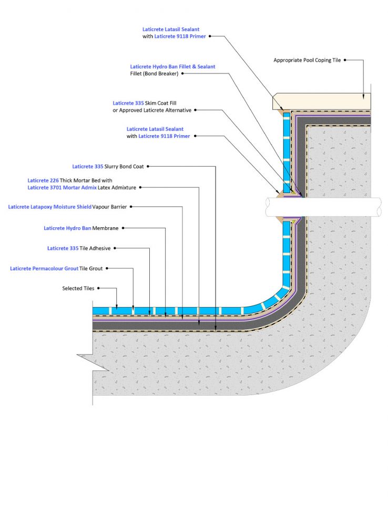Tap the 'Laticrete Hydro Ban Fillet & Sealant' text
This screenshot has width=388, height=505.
(172, 67)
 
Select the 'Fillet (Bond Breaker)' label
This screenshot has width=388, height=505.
(154, 74)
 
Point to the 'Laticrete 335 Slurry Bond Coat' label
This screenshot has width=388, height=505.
(108, 166)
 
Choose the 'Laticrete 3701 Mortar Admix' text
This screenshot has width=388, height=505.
(62, 187)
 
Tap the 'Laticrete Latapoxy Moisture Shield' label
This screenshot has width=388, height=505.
(50, 207)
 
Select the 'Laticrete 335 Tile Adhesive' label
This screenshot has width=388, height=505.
(79, 248)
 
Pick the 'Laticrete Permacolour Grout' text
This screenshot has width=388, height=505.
(44, 268)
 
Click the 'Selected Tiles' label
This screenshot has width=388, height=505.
(78, 288)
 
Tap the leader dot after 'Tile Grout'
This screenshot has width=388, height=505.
(107, 268)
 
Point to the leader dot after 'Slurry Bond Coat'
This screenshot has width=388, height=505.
(148, 166)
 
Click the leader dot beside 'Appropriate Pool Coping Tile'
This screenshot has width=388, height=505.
(345, 60)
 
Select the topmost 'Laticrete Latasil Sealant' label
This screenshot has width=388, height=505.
(171, 29)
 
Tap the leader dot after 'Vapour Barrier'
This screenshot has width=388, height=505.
(131, 207)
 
